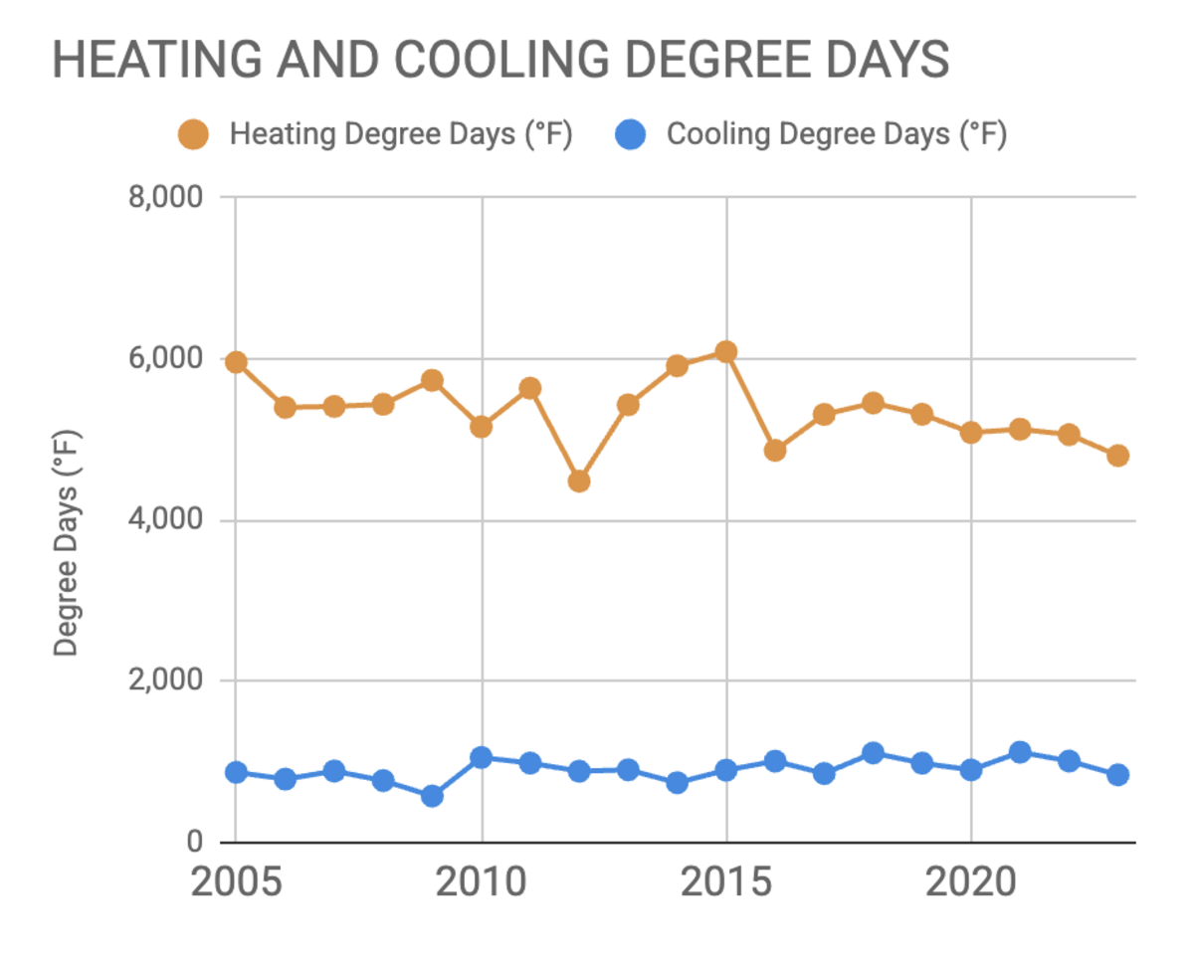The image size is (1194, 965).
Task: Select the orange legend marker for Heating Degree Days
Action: (x=193, y=134)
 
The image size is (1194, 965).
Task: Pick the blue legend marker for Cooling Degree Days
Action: (x=631, y=134)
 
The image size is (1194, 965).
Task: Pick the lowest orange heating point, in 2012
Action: (x=579, y=482)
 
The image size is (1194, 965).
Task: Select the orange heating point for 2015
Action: (x=726, y=351)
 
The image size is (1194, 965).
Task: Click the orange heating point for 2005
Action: (x=236, y=362)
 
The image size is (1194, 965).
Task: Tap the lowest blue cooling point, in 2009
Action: (x=432, y=796)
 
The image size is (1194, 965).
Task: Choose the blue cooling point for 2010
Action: (x=482, y=757)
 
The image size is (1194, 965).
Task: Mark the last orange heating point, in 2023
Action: (x=1118, y=456)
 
